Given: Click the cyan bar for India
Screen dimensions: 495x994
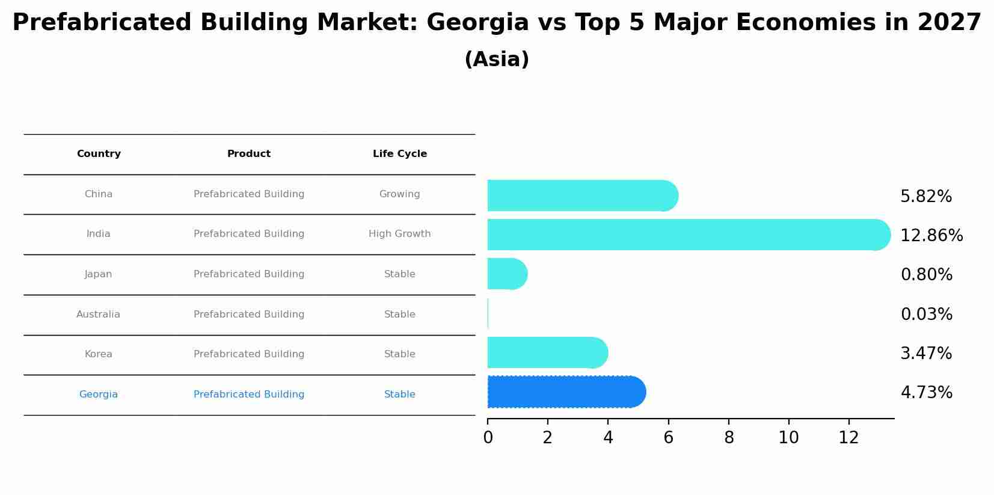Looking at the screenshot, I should click(686, 235).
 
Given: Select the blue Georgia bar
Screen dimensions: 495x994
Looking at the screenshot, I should click(565, 392).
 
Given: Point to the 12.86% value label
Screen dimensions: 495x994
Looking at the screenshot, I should click(931, 236).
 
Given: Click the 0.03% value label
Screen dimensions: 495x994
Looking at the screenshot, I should click(926, 315).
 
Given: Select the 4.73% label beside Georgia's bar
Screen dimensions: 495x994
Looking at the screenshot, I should click(926, 393).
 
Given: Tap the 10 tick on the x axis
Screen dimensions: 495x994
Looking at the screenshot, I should click(788, 438).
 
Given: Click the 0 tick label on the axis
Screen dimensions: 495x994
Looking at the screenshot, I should click(488, 438).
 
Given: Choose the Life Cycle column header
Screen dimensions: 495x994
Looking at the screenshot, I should click(399, 154).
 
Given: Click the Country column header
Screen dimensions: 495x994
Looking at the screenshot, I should click(99, 154).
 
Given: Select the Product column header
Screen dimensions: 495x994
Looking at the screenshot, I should click(248, 154).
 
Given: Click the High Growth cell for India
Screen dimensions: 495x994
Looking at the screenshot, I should click(399, 234).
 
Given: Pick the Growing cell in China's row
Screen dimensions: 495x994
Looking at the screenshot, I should click(399, 194).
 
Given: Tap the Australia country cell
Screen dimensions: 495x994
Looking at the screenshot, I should click(98, 315).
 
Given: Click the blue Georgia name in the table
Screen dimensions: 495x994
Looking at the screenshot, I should click(98, 395).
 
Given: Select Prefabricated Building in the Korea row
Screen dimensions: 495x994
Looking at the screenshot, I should click(248, 354).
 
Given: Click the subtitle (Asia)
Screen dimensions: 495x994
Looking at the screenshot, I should click(497, 60).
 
